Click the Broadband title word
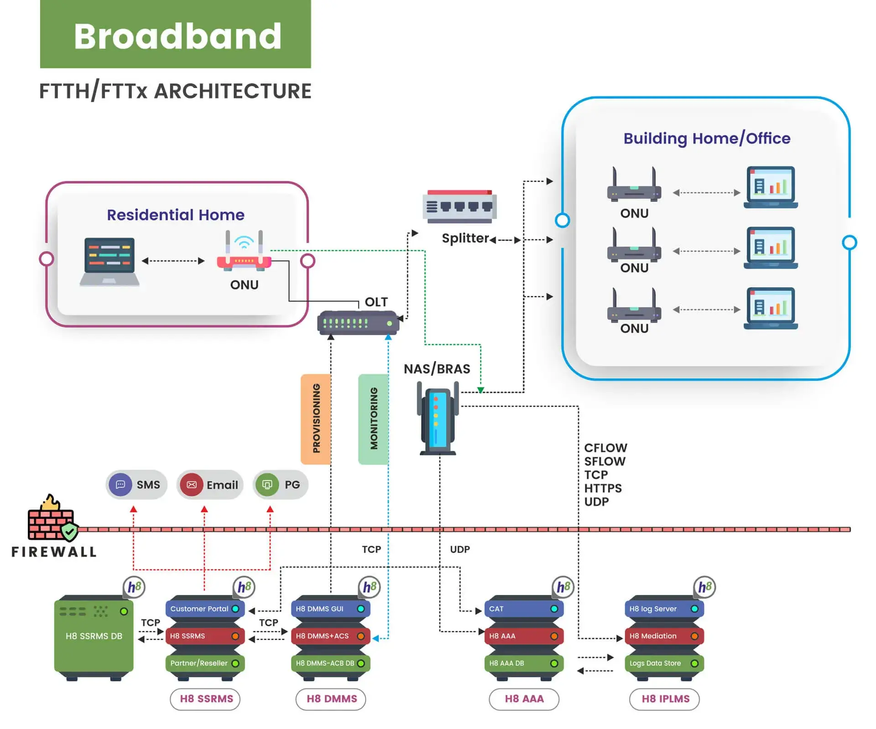[x=177, y=36]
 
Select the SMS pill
[x=136, y=485]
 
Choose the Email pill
[x=210, y=485]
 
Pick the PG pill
[x=280, y=485]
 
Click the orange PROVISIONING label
[x=316, y=419]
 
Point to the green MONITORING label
[x=374, y=419]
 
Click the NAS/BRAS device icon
[x=438, y=419]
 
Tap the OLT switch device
[x=358, y=323]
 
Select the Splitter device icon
[x=459, y=207]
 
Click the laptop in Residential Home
[x=109, y=262]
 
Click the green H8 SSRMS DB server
[x=94, y=636]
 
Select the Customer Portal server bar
[x=205, y=609]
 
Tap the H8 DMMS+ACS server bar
[x=330, y=636]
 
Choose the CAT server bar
[x=524, y=609]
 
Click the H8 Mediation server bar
[x=664, y=636]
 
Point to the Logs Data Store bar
[x=664, y=663]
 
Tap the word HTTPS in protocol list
[x=603, y=488]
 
